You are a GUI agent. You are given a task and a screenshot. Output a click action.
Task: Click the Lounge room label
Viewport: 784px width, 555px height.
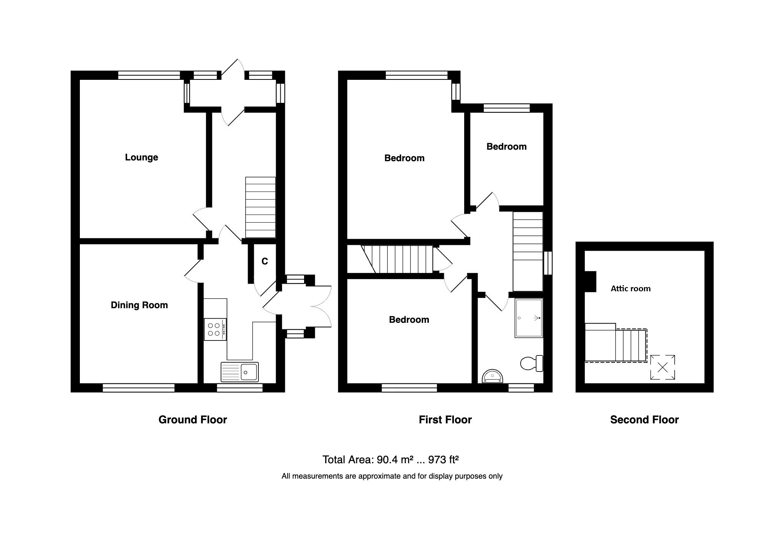pyautogui.click(x=141, y=157)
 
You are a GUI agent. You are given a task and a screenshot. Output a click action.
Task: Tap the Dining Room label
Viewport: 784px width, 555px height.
pyautogui.click(x=139, y=305)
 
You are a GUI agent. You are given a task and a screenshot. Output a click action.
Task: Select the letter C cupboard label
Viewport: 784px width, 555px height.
pyautogui.click(x=265, y=261)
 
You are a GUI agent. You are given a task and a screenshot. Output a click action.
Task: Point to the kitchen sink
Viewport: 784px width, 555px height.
pyautogui.click(x=240, y=372)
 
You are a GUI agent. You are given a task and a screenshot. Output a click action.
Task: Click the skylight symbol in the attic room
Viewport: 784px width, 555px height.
pyautogui.click(x=663, y=367)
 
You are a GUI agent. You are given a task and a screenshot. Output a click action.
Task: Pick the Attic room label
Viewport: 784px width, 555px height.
pyautogui.click(x=630, y=289)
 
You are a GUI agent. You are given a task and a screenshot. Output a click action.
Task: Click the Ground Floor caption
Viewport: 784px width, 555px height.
pyautogui.click(x=192, y=420)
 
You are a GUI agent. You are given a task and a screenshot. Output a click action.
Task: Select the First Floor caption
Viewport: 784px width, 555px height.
pyautogui.click(x=445, y=420)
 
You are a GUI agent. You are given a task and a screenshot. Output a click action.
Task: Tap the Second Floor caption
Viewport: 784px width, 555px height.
pyautogui.click(x=644, y=420)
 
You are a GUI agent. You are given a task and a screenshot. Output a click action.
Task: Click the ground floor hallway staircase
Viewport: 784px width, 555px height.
pyautogui.click(x=260, y=207)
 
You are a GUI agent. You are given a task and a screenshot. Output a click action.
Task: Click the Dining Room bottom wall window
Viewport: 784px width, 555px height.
pyautogui.click(x=139, y=388)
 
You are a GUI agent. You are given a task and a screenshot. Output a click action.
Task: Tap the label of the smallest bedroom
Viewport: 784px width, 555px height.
pyautogui.click(x=506, y=147)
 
